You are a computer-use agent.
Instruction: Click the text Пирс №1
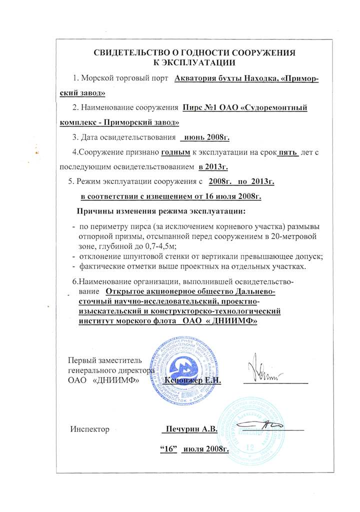click(x=199, y=107)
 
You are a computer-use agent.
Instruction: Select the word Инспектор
click(x=89, y=429)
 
